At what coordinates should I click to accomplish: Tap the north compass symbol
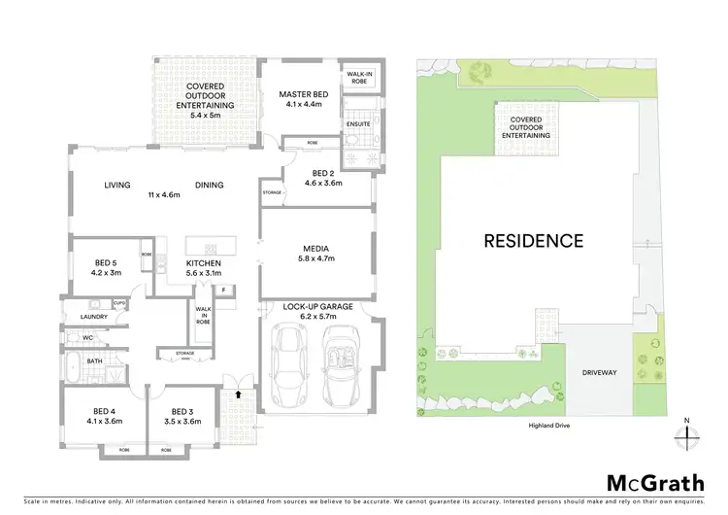686,434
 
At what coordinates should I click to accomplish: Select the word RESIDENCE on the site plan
534,240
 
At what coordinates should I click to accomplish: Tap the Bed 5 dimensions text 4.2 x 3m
106,273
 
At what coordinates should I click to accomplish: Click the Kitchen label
205,263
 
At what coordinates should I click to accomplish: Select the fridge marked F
223,290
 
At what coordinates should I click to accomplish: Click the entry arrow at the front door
238,395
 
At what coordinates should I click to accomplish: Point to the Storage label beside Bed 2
272,192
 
